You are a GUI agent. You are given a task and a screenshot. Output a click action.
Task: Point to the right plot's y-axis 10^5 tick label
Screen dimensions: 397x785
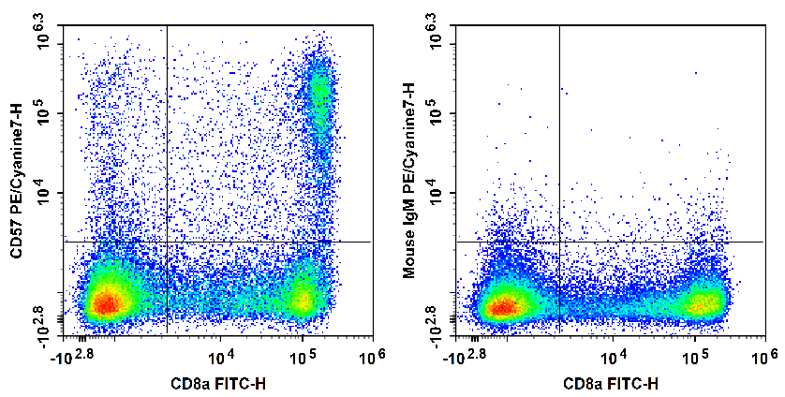[x=437, y=113]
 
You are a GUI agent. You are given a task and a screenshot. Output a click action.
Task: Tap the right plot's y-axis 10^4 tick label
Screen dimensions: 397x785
[x=437, y=193]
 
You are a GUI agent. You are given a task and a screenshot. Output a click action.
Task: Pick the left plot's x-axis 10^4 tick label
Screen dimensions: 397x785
[x=221, y=357]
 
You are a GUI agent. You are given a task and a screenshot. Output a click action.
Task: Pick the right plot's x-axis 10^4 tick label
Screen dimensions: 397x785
[x=614, y=357]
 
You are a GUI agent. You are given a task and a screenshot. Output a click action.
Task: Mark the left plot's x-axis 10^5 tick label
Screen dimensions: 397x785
[x=302, y=357]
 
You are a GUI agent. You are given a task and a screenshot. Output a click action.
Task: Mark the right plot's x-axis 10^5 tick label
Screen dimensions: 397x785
[x=694, y=357]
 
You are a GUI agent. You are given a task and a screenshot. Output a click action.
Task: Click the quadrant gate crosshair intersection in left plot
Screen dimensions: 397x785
[x=167, y=242]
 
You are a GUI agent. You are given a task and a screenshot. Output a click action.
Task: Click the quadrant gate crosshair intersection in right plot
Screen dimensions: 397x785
[x=559, y=242]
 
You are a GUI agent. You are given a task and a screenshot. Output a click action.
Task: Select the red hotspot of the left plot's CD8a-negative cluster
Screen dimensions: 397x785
[x=107, y=303]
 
